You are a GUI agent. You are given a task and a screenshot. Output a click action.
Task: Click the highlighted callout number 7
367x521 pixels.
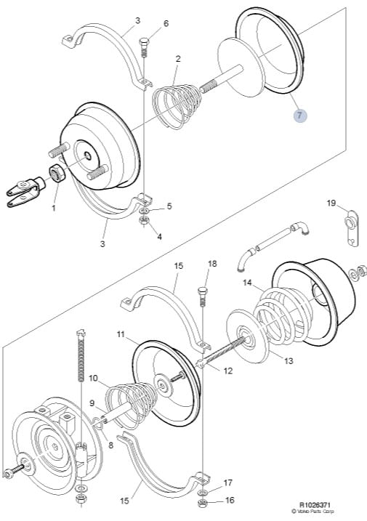click(x=300, y=116)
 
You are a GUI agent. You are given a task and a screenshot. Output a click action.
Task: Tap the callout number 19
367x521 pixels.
click(x=331, y=203)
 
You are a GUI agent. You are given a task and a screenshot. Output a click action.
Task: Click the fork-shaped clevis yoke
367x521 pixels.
click(x=25, y=192)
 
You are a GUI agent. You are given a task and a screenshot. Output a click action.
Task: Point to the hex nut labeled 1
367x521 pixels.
click(x=57, y=173)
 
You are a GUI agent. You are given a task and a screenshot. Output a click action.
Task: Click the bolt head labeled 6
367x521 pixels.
click(x=144, y=43)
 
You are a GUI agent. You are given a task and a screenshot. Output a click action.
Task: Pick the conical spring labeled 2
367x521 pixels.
click(x=177, y=105)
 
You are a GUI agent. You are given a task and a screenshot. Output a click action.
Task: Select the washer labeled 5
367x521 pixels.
click(x=145, y=211)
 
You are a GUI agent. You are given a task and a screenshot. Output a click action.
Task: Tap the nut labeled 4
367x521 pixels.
click(x=145, y=220)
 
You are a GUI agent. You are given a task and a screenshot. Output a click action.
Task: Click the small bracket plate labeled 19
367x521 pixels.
click(x=352, y=228)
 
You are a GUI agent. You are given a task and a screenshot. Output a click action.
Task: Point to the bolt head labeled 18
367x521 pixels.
click(x=203, y=291)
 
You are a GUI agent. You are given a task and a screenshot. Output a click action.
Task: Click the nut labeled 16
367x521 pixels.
click(x=203, y=503)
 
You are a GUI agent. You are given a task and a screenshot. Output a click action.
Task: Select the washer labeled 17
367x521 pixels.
click(x=203, y=492)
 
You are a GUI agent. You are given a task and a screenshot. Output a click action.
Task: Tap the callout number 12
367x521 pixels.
click(x=227, y=371)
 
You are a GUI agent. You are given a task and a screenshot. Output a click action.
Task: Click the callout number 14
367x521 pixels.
click(x=247, y=283)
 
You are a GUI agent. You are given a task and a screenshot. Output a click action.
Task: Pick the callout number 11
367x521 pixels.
click(x=121, y=334)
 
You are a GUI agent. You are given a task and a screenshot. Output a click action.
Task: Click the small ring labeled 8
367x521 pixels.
click(x=97, y=423)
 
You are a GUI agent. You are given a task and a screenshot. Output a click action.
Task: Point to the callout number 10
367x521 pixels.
click(x=93, y=378)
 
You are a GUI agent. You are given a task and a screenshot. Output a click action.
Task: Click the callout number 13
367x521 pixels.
click(x=289, y=360)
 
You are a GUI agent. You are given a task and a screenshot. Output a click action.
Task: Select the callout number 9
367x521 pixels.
click(x=92, y=403)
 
